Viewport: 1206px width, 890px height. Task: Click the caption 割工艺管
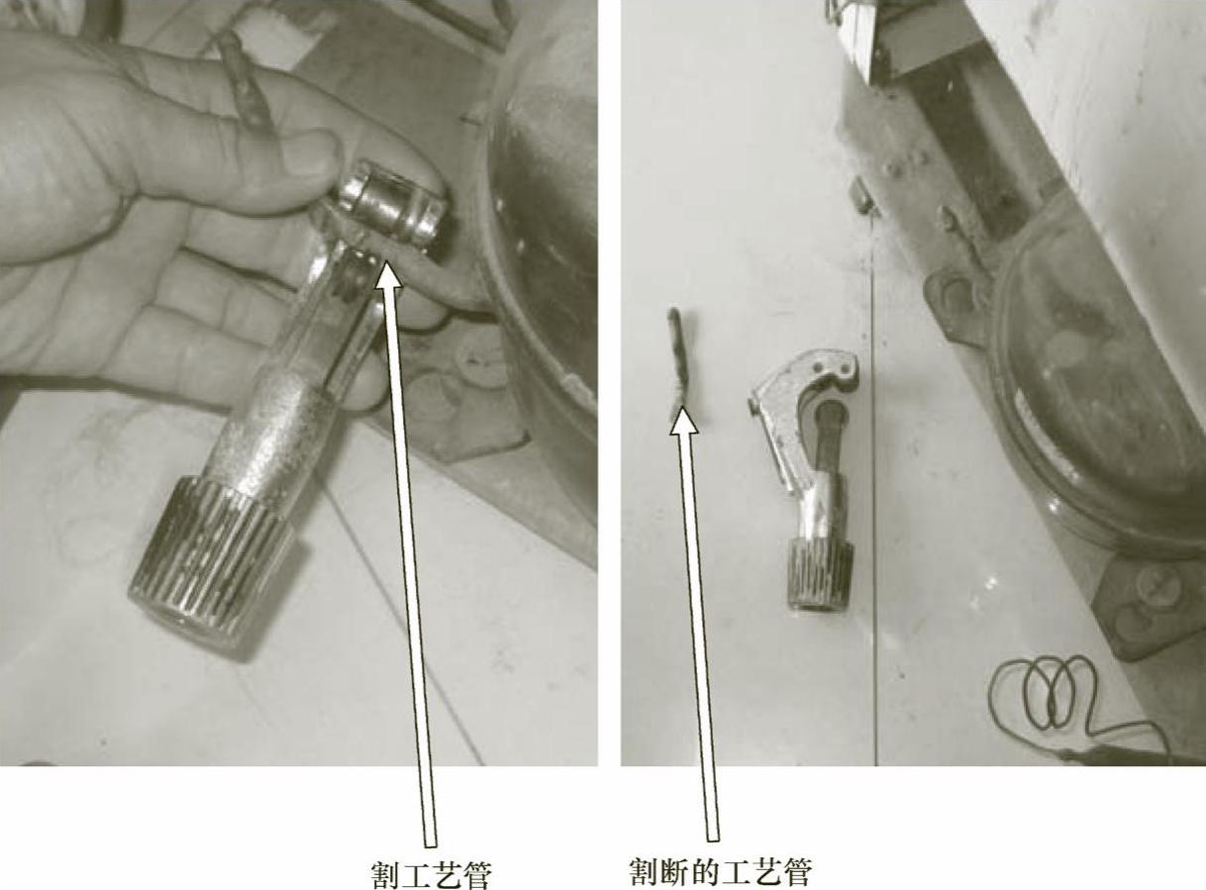pyautogui.click(x=431, y=874)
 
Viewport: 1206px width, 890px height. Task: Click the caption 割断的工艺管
pyautogui.click(x=721, y=872)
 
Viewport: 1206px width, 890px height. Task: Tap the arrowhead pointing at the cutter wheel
pyautogui.click(x=387, y=273)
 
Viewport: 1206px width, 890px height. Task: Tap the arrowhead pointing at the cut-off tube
pyautogui.click(x=683, y=422)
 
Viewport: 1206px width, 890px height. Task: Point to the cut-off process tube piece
pyautogui.click(x=677, y=361)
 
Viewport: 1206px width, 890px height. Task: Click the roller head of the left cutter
pyautogui.click(x=392, y=208)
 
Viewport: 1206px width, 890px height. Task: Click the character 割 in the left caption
pyautogui.click(x=385, y=874)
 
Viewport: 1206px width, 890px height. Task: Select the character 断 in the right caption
pyautogui.click(x=676, y=872)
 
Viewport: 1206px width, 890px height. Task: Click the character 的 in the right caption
pyautogui.click(x=706, y=872)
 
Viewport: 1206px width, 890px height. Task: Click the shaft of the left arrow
pyautogui.click(x=412, y=565)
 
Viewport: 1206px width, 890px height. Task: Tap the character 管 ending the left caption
pyautogui.click(x=477, y=874)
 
